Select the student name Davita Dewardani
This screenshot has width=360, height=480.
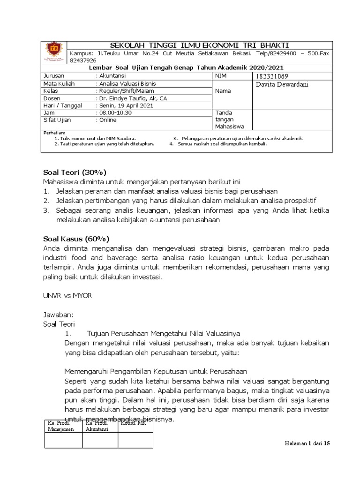click(283, 84)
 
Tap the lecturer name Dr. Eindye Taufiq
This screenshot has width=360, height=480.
click(131, 98)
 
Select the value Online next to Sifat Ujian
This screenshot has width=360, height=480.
click(107, 120)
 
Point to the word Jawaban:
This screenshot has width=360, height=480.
click(59, 315)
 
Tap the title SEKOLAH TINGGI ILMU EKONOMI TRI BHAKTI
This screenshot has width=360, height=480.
click(199, 44)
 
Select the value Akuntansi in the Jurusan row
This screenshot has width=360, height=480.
click(113, 75)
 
